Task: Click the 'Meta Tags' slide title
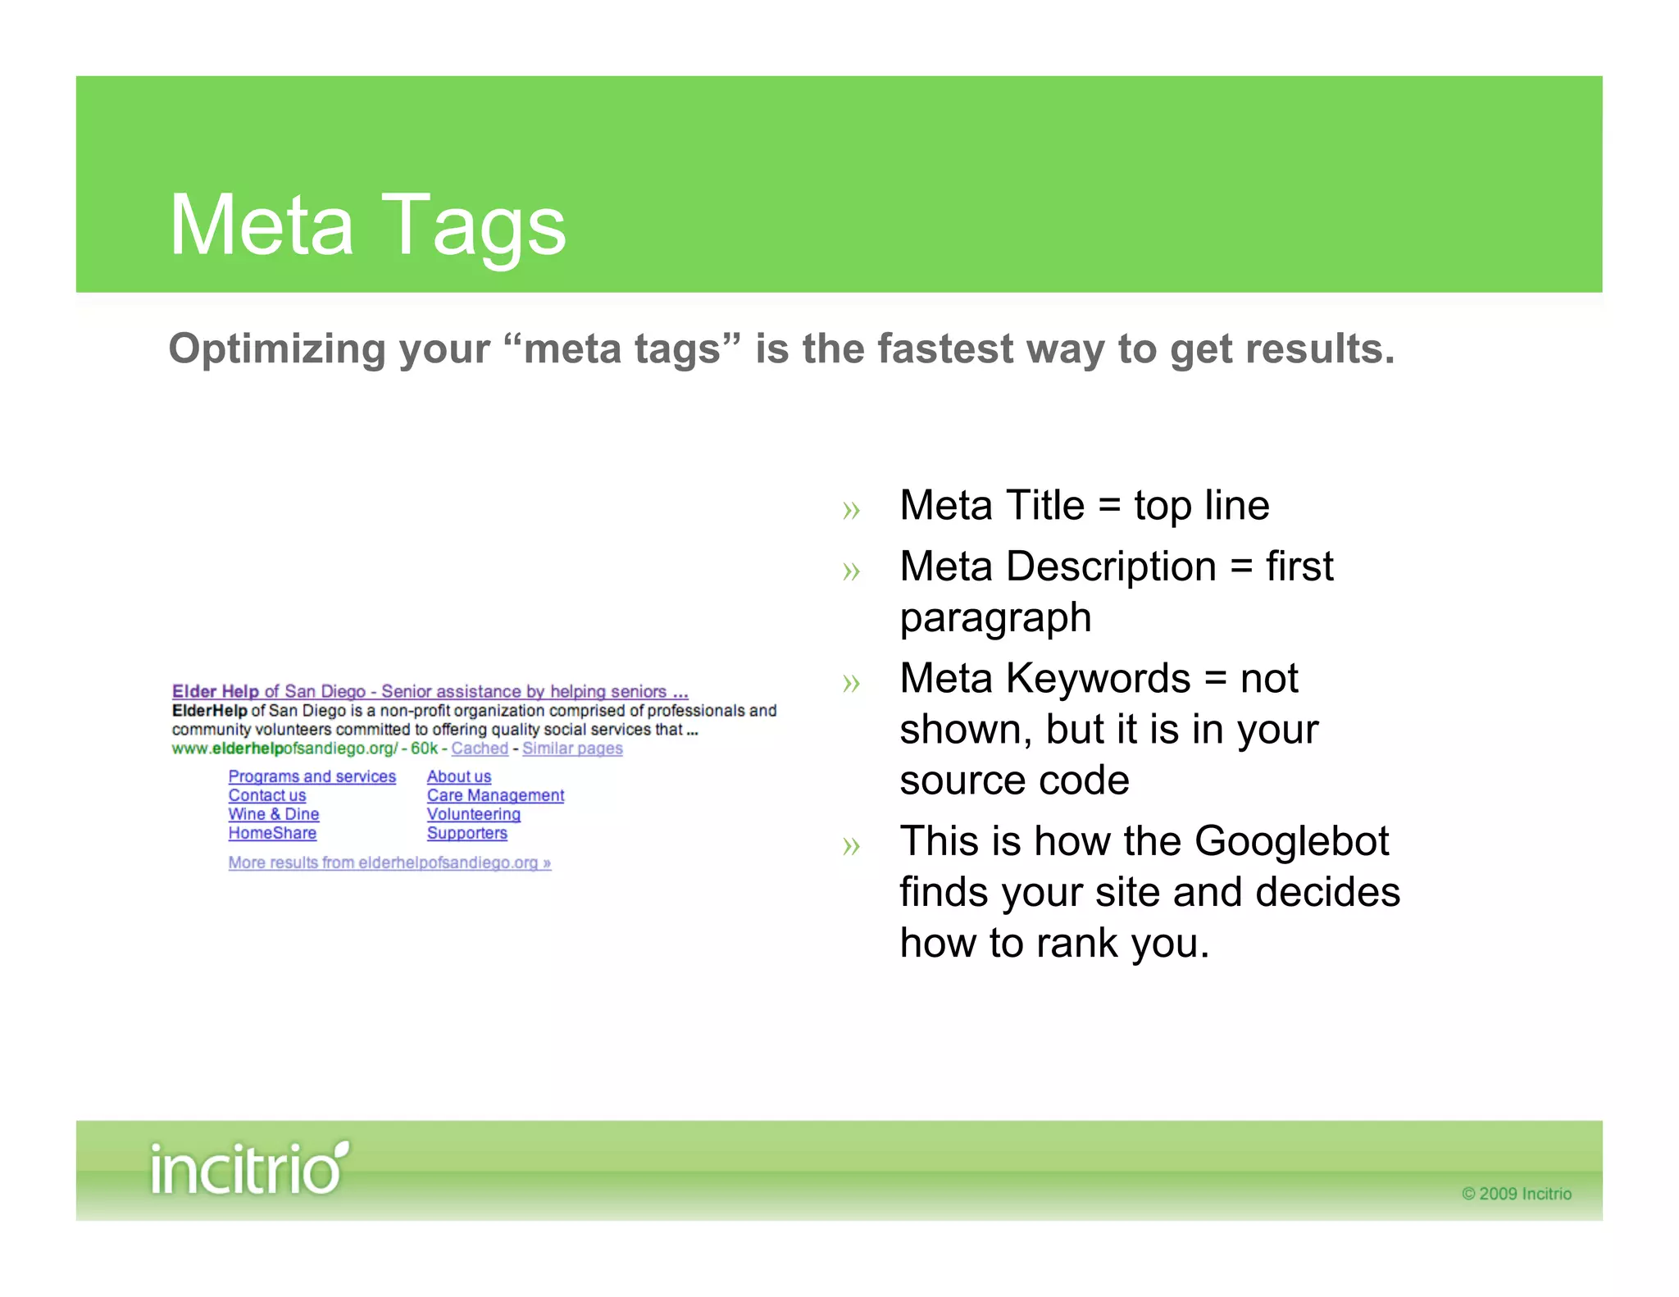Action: [367, 225]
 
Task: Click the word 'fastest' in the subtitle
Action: [945, 348]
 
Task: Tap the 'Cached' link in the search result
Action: [480, 749]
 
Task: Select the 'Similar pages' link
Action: [572, 749]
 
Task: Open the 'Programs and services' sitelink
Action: [312, 776]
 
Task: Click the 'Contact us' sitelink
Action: [267, 795]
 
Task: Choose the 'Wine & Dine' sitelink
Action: [274, 814]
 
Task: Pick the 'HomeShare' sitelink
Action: [272, 833]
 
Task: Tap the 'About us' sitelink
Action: [459, 776]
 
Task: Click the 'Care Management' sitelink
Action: [495, 795]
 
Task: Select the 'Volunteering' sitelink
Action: [474, 814]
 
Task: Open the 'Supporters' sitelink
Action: [467, 833]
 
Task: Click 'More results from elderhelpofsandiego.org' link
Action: [389, 862]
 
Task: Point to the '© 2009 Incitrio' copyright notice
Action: [1517, 1194]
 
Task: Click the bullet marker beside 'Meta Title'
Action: [851, 510]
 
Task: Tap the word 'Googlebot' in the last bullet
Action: [1291, 841]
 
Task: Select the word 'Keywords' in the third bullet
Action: [1098, 679]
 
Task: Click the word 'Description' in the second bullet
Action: [1111, 567]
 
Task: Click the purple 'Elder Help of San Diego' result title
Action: [430, 691]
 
